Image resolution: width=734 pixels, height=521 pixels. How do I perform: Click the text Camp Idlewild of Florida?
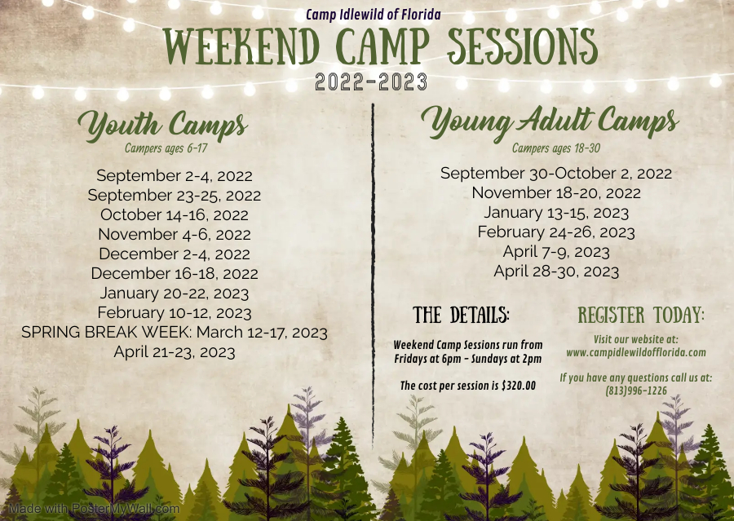click(374, 15)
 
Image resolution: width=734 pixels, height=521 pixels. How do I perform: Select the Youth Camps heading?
click(162, 126)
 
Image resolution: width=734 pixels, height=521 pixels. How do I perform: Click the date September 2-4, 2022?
click(175, 175)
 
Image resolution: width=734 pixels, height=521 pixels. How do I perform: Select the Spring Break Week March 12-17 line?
click(175, 333)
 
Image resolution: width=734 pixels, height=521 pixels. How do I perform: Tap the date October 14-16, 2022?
click(175, 214)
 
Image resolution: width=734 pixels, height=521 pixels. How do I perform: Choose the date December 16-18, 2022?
click(175, 274)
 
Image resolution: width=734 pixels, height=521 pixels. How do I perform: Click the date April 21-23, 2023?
click(175, 352)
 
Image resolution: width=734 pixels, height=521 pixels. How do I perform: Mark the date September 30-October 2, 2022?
click(556, 173)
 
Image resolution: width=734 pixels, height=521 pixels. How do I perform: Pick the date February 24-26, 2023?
click(556, 232)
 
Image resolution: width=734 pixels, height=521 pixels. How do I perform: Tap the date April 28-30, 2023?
click(556, 272)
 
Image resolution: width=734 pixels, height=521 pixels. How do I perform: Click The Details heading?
click(462, 316)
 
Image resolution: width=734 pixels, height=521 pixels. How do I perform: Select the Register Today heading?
click(641, 316)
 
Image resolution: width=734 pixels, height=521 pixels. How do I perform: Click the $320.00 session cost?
click(514, 385)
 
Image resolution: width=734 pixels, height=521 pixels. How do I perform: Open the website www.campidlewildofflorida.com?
click(636, 353)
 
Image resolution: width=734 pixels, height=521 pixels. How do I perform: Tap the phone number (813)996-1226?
click(636, 391)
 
